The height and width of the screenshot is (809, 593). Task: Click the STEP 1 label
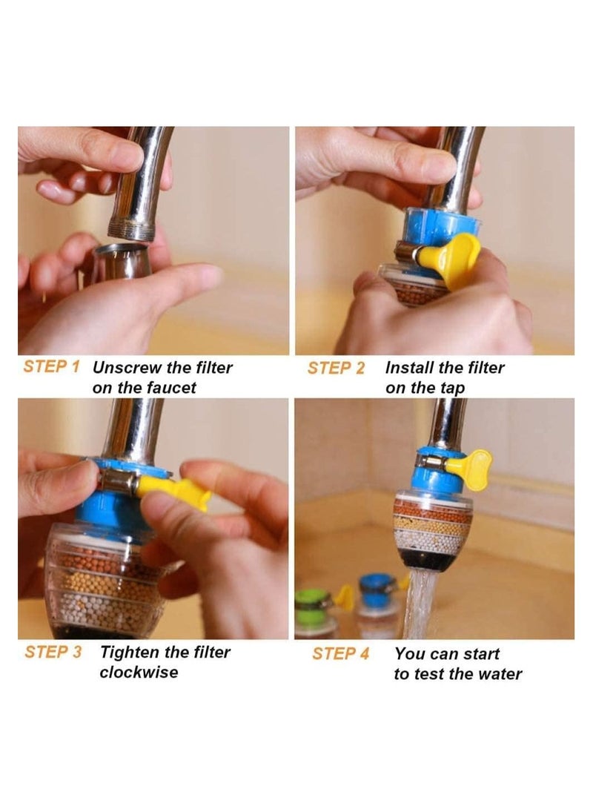[x=51, y=367]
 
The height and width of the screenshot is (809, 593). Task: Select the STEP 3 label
[x=53, y=653]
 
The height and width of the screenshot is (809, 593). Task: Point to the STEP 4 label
[x=340, y=653]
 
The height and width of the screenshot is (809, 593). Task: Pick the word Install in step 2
[x=409, y=367]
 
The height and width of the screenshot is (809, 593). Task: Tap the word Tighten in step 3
[x=130, y=653]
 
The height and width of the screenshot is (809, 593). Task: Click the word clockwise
[x=139, y=673]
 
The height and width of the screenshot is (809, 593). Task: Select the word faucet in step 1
[x=170, y=388]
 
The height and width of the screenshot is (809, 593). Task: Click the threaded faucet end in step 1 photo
[x=132, y=225]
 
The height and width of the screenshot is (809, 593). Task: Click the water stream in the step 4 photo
[x=417, y=608]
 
